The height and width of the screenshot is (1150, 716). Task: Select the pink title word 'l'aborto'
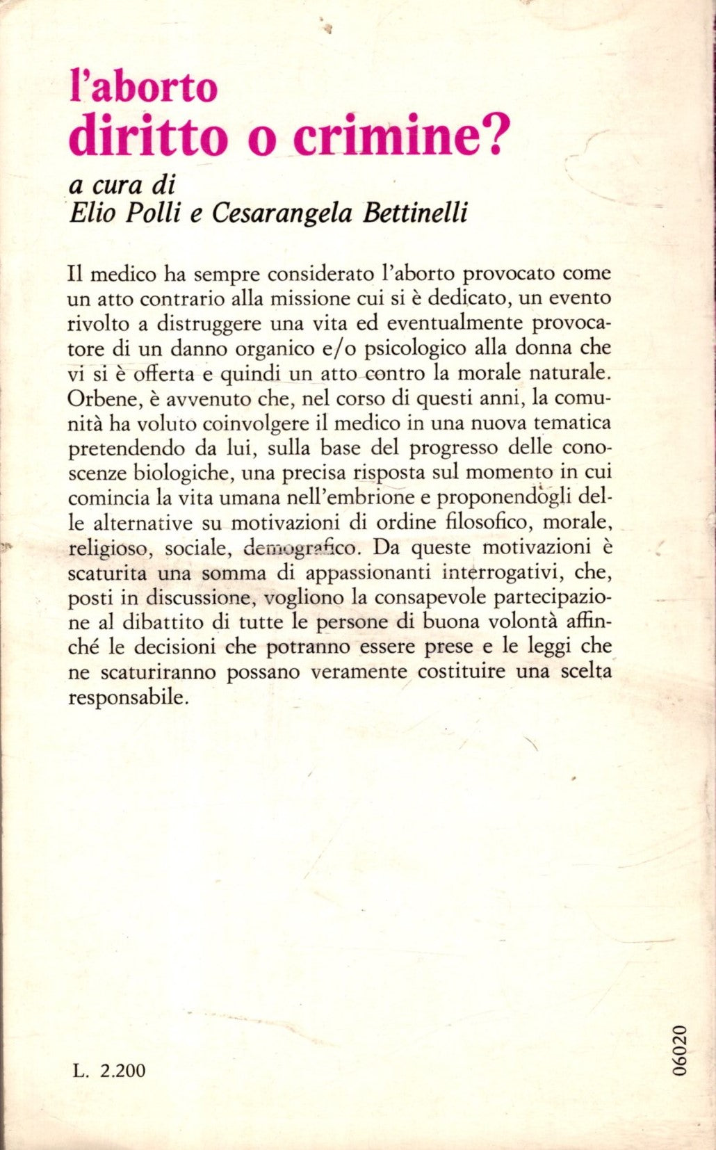[144, 88]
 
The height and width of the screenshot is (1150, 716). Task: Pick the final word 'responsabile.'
[129, 698]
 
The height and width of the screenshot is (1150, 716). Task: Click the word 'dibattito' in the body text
[149, 623]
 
